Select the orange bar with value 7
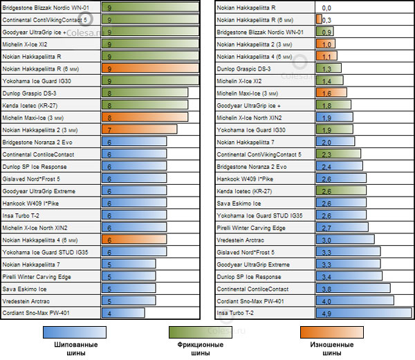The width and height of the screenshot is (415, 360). [138, 129]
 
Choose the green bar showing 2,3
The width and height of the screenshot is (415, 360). [338, 154]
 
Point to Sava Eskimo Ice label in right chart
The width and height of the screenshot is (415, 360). [239, 203]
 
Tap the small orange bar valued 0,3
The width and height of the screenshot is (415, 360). [318, 19]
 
